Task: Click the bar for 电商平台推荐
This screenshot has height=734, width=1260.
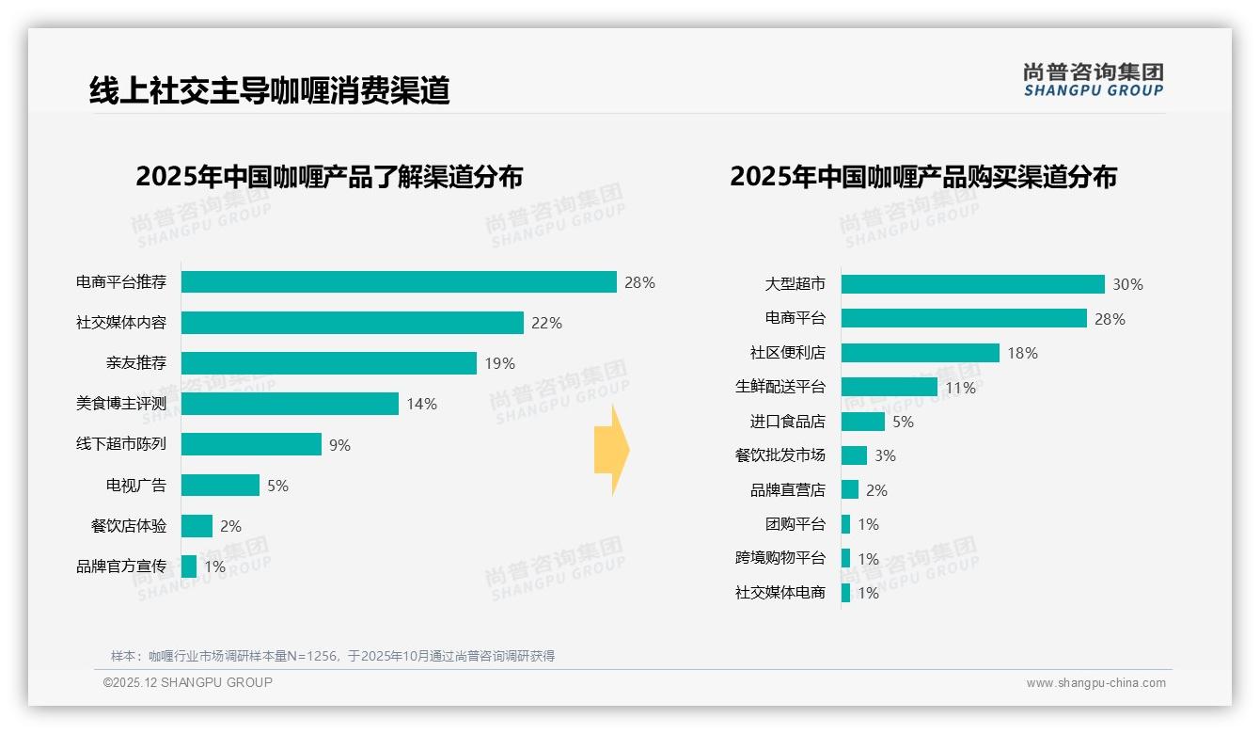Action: (399, 282)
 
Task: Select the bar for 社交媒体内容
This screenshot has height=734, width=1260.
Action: (352, 323)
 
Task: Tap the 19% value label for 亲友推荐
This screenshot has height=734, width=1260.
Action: (499, 363)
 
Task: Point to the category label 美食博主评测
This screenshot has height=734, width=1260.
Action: (121, 404)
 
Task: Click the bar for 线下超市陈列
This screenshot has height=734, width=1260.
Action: (251, 444)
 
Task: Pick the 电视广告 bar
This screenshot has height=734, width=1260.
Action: (220, 486)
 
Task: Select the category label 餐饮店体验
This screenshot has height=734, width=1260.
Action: (129, 526)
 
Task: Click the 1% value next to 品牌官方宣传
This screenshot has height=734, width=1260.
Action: (214, 566)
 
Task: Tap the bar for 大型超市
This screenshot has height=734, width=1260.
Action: (972, 284)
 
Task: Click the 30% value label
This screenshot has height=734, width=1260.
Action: (1127, 284)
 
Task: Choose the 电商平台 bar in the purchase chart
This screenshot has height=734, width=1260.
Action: (964, 318)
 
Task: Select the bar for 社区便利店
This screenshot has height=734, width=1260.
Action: (920, 353)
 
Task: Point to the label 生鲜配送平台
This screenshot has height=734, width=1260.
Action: (780, 387)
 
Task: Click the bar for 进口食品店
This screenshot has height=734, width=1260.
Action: (862, 422)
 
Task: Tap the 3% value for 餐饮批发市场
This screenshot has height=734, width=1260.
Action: (885, 455)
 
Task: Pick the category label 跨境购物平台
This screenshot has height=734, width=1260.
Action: (780, 558)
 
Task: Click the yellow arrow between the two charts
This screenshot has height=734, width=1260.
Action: (612, 450)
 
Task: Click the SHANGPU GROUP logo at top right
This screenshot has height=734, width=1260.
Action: (1093, 80)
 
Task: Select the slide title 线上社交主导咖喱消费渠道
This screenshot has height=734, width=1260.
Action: (270, 90)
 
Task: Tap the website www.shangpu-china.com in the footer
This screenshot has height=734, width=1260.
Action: (1095, 683)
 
